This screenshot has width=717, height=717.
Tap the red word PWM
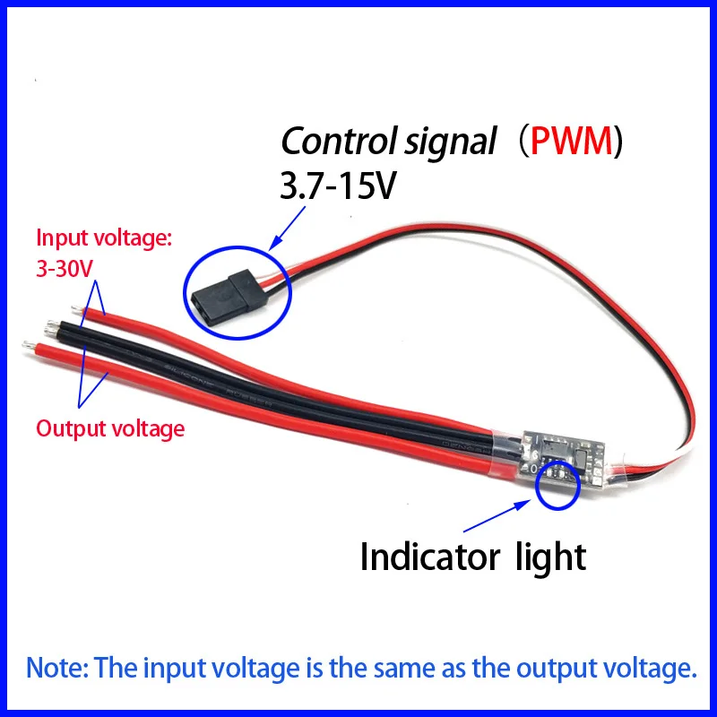pyautogui.click(x=570, y=141)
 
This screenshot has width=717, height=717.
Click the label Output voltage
pyautogui.click(x=110, y=428)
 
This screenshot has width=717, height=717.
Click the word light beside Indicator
pyautogui.click(x=551, y=557)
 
